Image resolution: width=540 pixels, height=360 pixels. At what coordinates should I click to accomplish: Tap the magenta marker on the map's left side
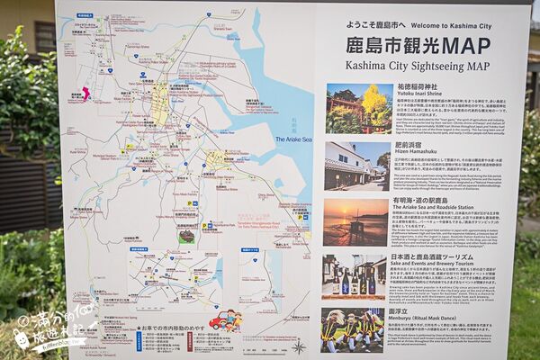click(x=85, y=93)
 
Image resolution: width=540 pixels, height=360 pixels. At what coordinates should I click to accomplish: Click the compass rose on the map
click(x=298, y=346)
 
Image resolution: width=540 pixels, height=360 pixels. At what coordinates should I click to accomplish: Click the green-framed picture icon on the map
click(x=186, y=237)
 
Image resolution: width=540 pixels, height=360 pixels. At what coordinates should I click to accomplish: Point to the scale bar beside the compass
click(x=270, y=347)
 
